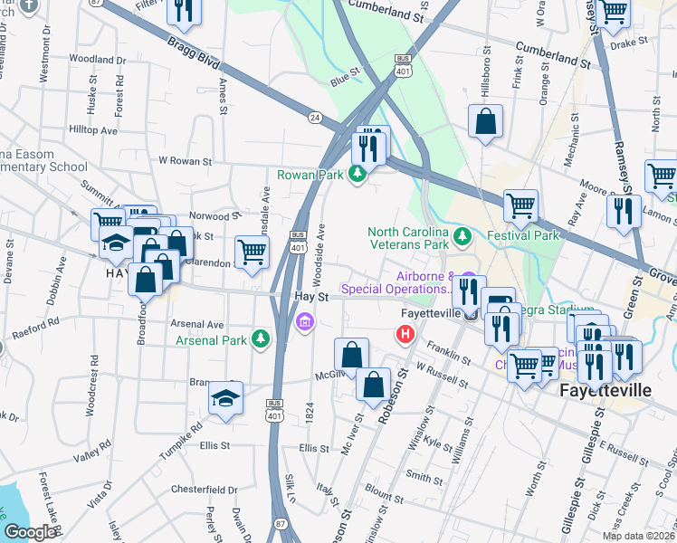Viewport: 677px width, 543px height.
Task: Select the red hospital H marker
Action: coord(405,335)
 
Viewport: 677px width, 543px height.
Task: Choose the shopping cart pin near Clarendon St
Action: coord(252,251)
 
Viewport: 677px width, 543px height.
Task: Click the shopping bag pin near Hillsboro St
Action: coord(485,121)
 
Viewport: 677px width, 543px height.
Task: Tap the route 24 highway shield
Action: coord(314,117)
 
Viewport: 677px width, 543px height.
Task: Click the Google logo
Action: coord(31,531)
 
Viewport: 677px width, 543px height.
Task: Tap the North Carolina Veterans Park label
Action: coord(408,238)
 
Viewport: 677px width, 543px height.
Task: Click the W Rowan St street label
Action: coord(185,161)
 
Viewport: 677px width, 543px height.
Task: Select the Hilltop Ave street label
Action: coord(94,130)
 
